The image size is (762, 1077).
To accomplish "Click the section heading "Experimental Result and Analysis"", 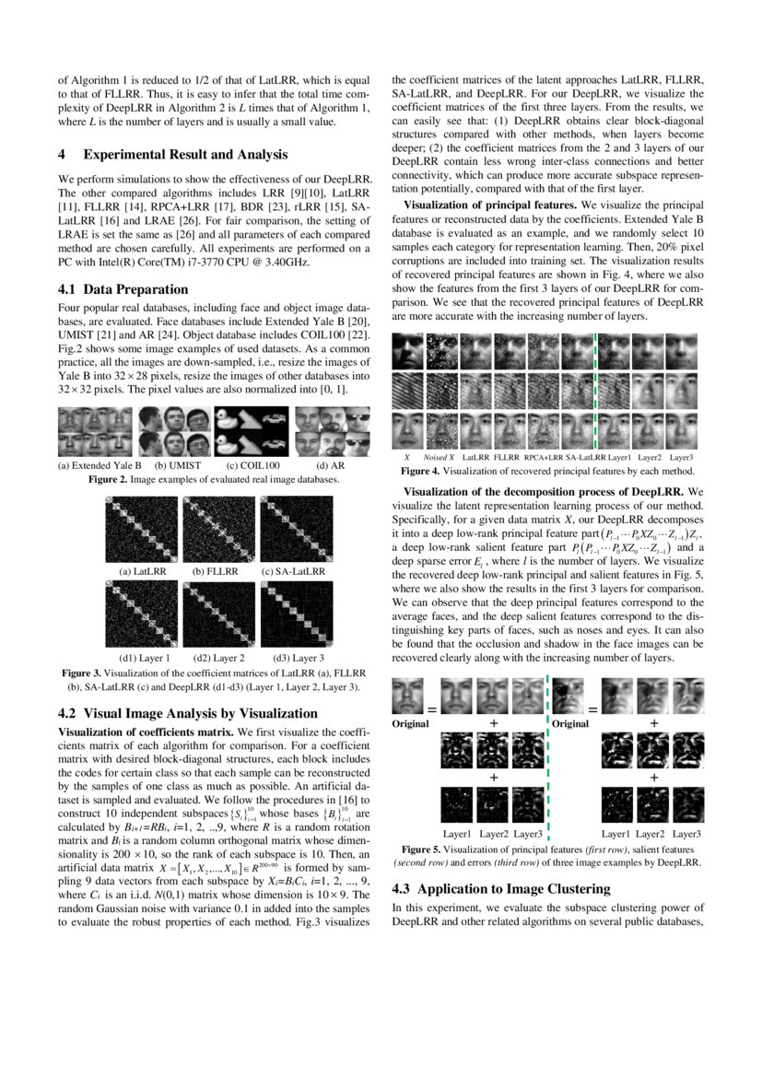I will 185,155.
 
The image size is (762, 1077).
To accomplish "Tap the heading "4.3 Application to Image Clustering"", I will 500,889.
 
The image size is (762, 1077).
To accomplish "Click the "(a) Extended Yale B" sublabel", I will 99,465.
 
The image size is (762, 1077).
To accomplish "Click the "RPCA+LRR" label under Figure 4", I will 543,456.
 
